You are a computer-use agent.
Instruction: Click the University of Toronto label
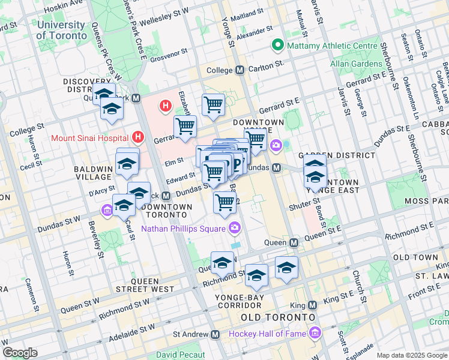pos(61,30)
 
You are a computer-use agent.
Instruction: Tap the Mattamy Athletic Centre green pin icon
pos(277,45)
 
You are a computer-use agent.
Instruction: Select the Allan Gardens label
pos(356,64)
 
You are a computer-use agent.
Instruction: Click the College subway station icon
pos(240,70)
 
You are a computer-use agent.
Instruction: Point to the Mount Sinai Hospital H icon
pos(139,137)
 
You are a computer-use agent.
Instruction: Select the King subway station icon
pos(311,305)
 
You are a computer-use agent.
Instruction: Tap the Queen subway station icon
pos(294,243)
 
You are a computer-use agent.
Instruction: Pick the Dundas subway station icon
pos(277,167)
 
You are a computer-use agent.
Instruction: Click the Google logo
pos(20,353)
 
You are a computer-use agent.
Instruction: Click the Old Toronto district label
pos(277,317)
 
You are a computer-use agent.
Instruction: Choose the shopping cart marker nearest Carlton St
pos(214,106)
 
